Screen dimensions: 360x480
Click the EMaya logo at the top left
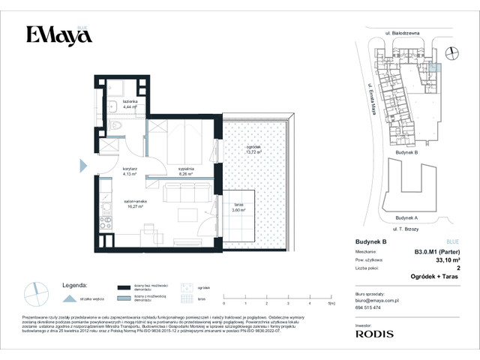point(55,35)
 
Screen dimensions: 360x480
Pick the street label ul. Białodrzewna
point(403,34)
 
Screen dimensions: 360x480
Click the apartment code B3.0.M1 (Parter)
point(436,252)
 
